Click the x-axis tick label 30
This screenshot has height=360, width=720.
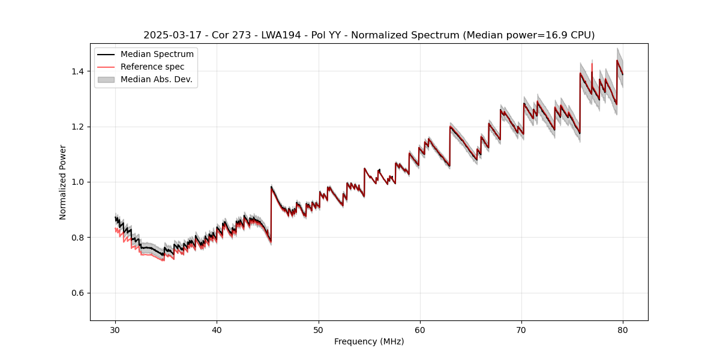pyautogui.click(x=115, y=329)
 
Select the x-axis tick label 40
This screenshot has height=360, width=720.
pyautogui.click(x=217, y=329)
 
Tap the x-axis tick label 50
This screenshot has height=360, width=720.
pyautogui.click(x=319, y=329)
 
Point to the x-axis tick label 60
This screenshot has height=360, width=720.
pyautogui.click(x=420, y=329)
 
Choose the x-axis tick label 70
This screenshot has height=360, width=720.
pyautogui.click(x=521, y=329)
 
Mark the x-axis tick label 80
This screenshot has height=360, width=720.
pyautogui.click(x=623, y=329)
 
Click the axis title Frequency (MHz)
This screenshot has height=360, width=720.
pyautogui.click(x=369, y=341)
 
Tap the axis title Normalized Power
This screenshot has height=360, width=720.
pyautogui.click(x=63, y=182)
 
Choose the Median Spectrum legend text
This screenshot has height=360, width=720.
pyautogui.click(x=157, y=55)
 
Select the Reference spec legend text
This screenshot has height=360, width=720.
pyautogui.click(x=152, y=67)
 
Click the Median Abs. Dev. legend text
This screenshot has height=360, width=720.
pyautogui.click(x=157, y=79)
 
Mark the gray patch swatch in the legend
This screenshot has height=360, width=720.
pyautogui.click(x=106, y=79)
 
